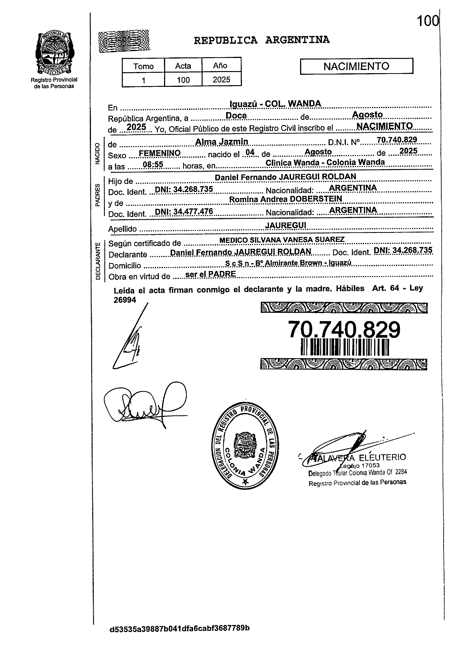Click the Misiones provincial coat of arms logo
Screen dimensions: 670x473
(54, 53)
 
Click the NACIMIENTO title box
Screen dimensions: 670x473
(356, 66)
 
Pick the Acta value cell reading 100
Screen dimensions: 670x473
(183, 80)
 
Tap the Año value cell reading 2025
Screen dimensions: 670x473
(221, 80)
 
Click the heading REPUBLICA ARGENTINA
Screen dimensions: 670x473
(262, 40)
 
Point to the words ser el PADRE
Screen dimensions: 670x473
(210, 274)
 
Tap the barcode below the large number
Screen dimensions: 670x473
(345, 347)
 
